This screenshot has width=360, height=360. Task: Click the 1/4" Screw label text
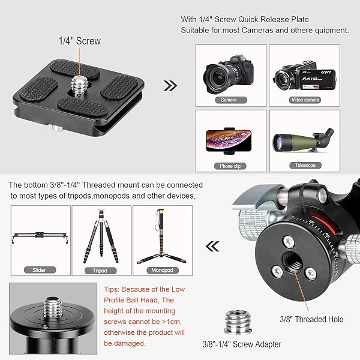click(x=80, y=41)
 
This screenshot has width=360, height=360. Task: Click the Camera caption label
click(x=229, y=100)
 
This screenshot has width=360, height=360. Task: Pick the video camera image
click(x=304, y=74)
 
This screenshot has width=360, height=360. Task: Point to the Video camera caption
click(x=304, y=100)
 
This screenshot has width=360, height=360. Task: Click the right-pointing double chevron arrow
click(x=171, y=86)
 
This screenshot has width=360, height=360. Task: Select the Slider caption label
click(x=38, y=270)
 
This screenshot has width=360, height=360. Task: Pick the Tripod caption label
click(x=100, y=270)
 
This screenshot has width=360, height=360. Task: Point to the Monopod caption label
click(x=162, y=270)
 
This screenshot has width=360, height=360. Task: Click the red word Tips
click(x=112, y=289)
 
